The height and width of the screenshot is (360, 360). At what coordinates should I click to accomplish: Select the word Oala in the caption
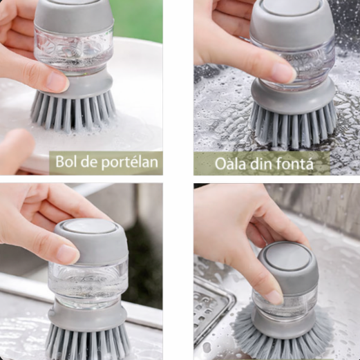pyautogui.click(x=230, y=164)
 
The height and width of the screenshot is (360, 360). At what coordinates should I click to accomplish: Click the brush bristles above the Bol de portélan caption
pyautogui.click(x=73, y=111)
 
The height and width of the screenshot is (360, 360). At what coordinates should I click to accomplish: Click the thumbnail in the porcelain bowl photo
pyautogui.click(x=55, y=82)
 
